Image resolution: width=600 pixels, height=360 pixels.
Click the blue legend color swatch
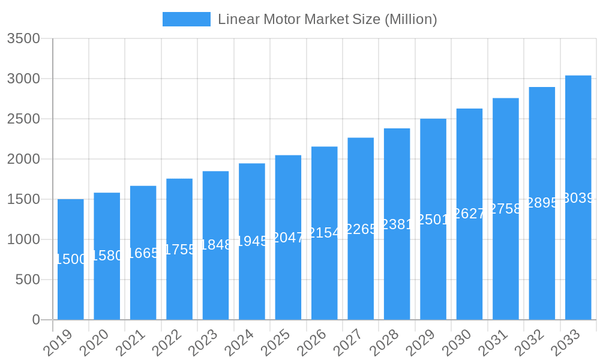pyautogui.click(x=187, y=19)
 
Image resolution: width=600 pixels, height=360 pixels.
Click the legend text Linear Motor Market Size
pyautogui.click(x=327, y=19)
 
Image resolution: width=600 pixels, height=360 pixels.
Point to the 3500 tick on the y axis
pyautogui.click(x=23, y=39)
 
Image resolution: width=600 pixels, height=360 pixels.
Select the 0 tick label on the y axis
pyautogui.click(x=36, y=320)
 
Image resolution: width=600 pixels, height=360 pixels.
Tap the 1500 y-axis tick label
pyautogui.click(x=23, y=199)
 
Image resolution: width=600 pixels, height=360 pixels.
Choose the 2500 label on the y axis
pyautogui.click(x=23, y=119)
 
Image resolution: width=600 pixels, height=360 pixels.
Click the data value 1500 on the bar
pyautogui.click(x=71, y=259)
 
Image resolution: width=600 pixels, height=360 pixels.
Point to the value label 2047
pyautogui.click(x=288, y=238)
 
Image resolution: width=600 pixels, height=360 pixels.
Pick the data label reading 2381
pyautogui.click(x=397, y=224)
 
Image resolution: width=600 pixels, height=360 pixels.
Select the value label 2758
pyautogui.click(x=505, y=209)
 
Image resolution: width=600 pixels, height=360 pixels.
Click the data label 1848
pyautogui.click(x=215, y=245)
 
